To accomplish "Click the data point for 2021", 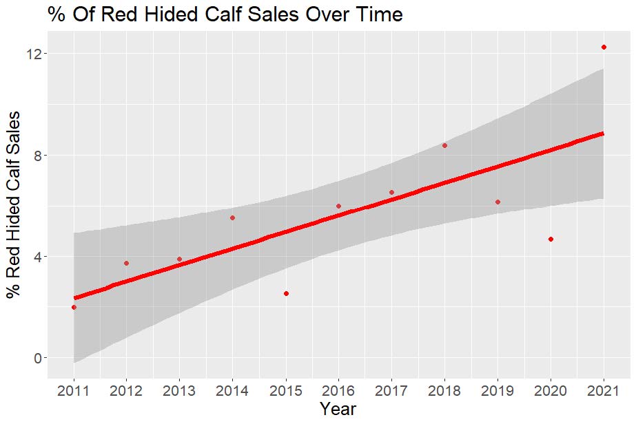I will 604,47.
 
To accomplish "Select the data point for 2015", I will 286,293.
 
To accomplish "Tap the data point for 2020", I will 551,239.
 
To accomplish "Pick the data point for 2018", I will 444,145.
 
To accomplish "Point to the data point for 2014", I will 233,218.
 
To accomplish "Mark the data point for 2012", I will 127,263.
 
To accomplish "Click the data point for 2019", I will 497,202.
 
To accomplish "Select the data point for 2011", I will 74,307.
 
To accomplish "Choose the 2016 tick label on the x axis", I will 338,390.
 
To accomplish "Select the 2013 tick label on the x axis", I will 180,390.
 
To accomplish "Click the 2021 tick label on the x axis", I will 604,390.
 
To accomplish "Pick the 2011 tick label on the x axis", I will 74,390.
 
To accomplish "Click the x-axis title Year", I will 338,410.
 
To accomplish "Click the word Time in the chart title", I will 378,14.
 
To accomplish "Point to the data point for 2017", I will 391,192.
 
